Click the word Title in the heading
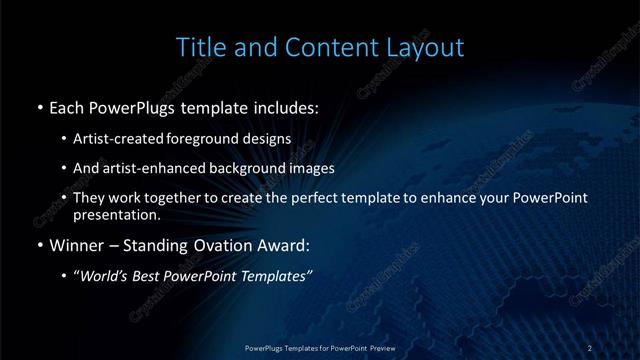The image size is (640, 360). tap(199, 47)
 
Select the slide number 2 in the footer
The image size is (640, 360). tap(590, 347)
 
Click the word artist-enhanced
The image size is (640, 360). tap(141, 168)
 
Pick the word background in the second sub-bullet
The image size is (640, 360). tap(231, 168)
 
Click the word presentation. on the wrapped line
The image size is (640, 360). tap(116, 214)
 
